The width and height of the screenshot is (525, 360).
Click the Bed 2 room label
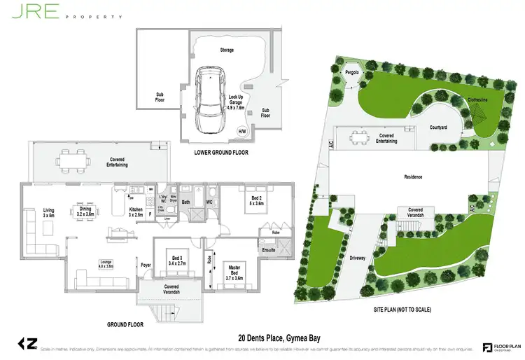(257, 200)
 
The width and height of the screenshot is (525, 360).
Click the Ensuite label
(268, 249)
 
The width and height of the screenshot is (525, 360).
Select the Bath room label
(186, 203)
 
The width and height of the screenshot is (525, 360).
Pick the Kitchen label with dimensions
(137, 212)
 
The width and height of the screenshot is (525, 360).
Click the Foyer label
(146, 265)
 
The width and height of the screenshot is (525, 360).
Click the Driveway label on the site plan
(358, 258)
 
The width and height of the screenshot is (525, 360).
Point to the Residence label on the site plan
(413, 177)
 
